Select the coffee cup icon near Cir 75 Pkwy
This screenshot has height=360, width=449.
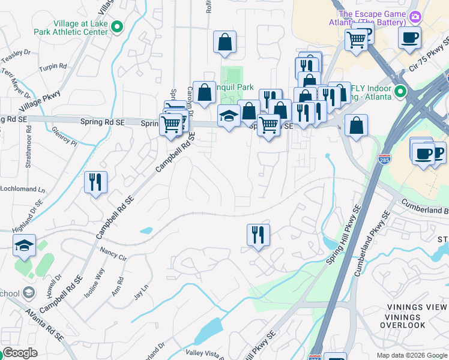(x=409, y=38)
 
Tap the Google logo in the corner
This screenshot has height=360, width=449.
(x=20, y=353)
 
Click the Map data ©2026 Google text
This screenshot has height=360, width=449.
(x=411, y=355)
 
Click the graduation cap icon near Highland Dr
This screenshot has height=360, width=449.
(x=24, y=245)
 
